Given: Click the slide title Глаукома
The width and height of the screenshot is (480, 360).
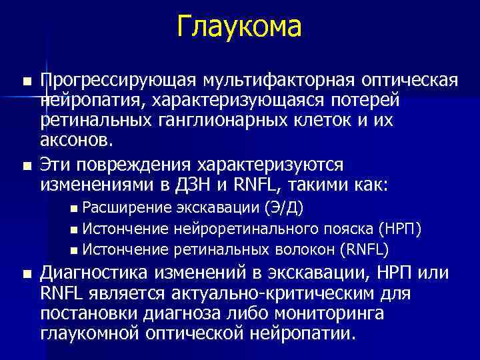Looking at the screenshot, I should (x=239, y=27).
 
